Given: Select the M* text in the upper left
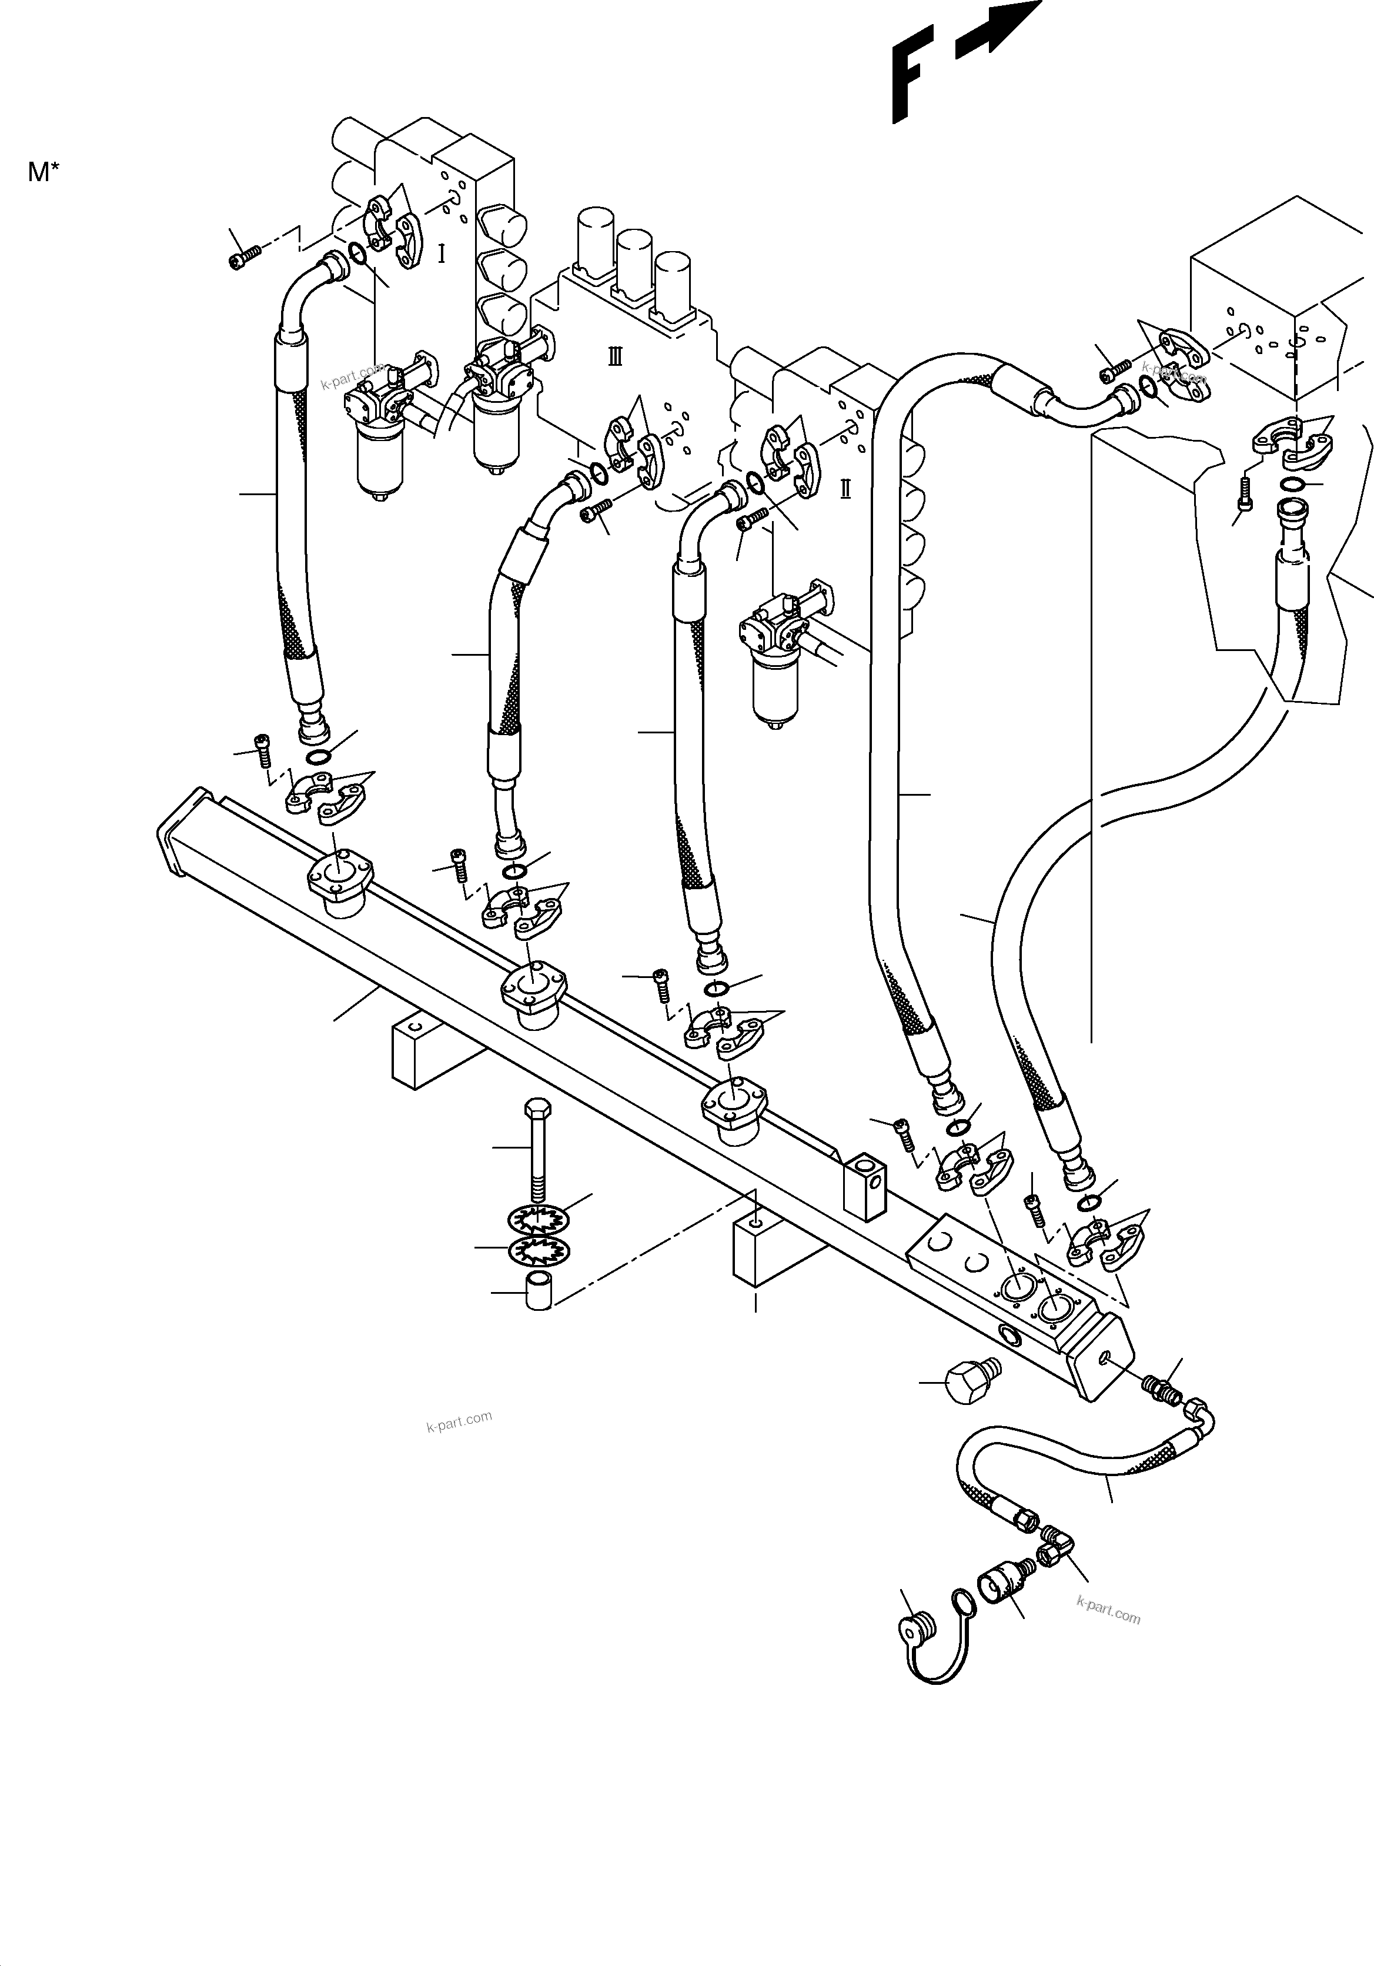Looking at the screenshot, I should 43,172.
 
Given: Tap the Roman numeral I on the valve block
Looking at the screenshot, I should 442,253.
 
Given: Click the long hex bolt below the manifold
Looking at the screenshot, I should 537,1149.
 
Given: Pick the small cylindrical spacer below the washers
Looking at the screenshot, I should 537,1314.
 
